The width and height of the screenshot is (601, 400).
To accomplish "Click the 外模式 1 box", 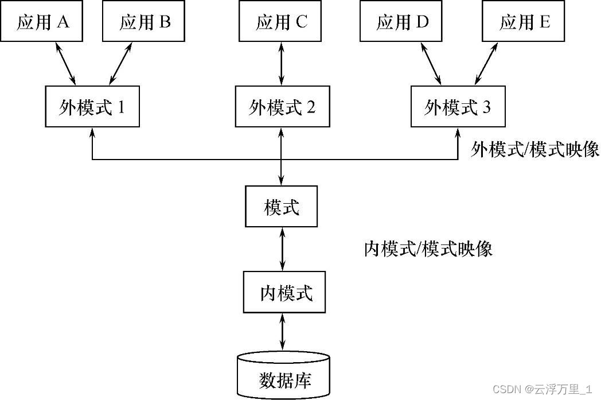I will click(92, 107).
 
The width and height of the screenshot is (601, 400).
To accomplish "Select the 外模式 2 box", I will click(282, 107).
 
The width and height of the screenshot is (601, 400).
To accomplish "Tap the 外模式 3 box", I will click(458, 107).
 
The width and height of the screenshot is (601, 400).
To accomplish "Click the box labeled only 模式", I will click(281, 207).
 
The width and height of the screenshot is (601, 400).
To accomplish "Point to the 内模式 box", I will click(284, 293).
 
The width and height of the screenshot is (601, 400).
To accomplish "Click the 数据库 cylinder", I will click(283, 376).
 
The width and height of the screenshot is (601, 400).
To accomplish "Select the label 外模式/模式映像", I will click(534, 150).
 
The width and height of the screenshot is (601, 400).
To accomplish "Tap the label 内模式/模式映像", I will click(428, 249).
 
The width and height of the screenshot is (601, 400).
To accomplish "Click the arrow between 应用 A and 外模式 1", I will click(66, 63).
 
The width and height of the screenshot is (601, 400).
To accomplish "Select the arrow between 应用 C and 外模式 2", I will click(281, 63).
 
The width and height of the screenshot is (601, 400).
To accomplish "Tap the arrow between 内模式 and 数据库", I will click(282, 333).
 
